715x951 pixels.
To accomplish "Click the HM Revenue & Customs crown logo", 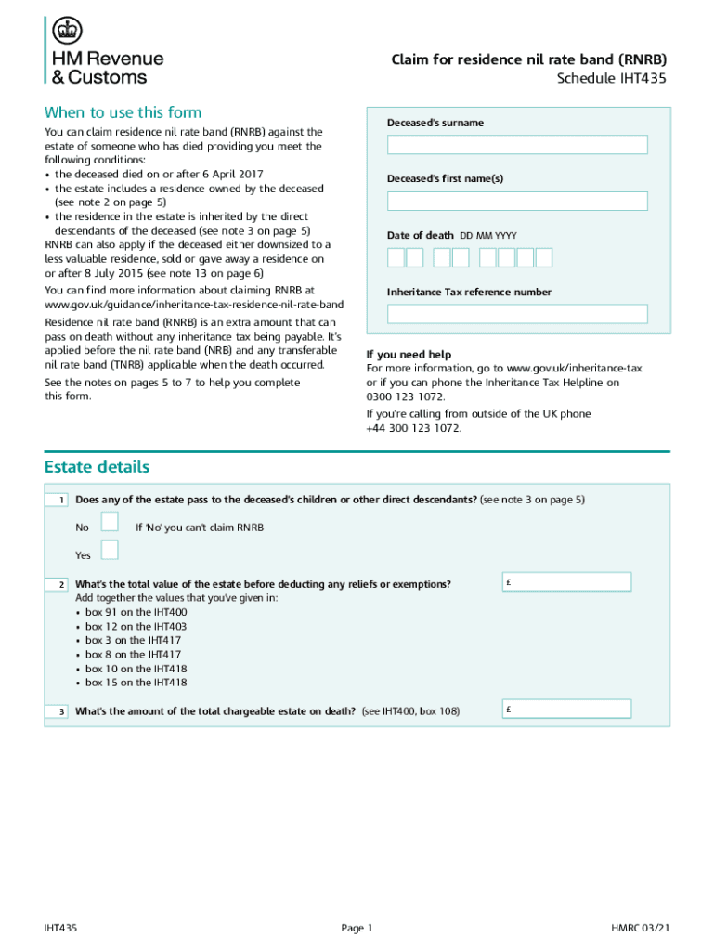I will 66,31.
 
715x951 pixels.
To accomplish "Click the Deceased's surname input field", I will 517,145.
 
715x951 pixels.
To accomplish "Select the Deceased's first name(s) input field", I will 517,201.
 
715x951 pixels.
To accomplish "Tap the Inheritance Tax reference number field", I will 517,314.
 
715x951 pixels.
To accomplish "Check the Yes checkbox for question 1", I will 110,550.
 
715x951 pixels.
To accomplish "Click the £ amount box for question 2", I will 566,582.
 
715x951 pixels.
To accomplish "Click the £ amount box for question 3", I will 566,710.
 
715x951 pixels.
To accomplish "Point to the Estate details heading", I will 97,466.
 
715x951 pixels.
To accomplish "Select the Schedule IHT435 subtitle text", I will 611,78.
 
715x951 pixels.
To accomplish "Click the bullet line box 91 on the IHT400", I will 136,612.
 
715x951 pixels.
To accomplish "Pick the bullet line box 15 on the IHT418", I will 136,683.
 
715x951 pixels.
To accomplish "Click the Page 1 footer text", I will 357,928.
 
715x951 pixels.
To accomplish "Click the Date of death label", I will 421,235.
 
